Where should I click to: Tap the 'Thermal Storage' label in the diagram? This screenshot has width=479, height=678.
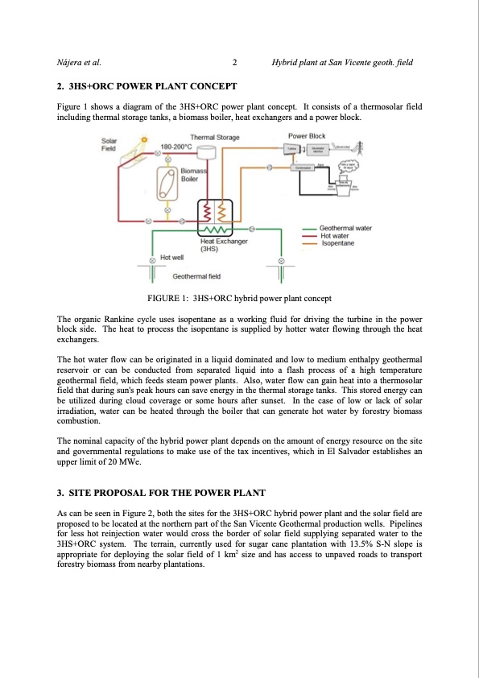pyautogui.click(x=215, y=138)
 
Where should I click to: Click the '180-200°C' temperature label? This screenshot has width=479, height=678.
pyautogui.click(x=176, y=147)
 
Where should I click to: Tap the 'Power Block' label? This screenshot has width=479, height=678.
pyautogui.click(x=307, y=136)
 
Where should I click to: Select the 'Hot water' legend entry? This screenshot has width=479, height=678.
pyautogui.click(x=337, y=236)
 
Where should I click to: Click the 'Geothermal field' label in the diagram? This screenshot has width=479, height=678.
pyautogui.click(x=196, y=276)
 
